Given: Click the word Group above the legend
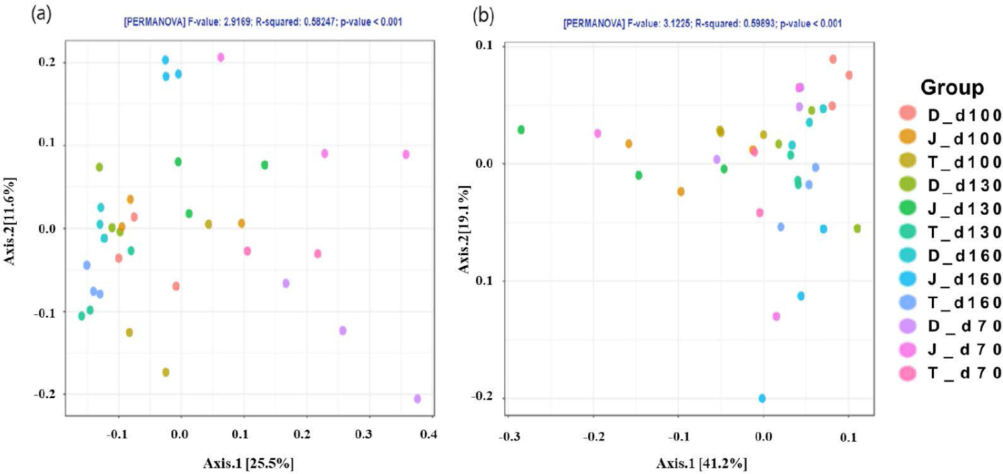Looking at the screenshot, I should click(x=952, y=87).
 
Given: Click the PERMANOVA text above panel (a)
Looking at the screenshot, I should click(x=262, y=23).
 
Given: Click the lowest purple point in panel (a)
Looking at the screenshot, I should click(x=418, y=398).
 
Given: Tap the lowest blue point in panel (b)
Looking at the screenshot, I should click(x=762, y=398).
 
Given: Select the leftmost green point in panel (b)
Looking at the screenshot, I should click(x=521, y=130).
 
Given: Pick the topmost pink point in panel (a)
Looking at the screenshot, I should click(x=221, y=58).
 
